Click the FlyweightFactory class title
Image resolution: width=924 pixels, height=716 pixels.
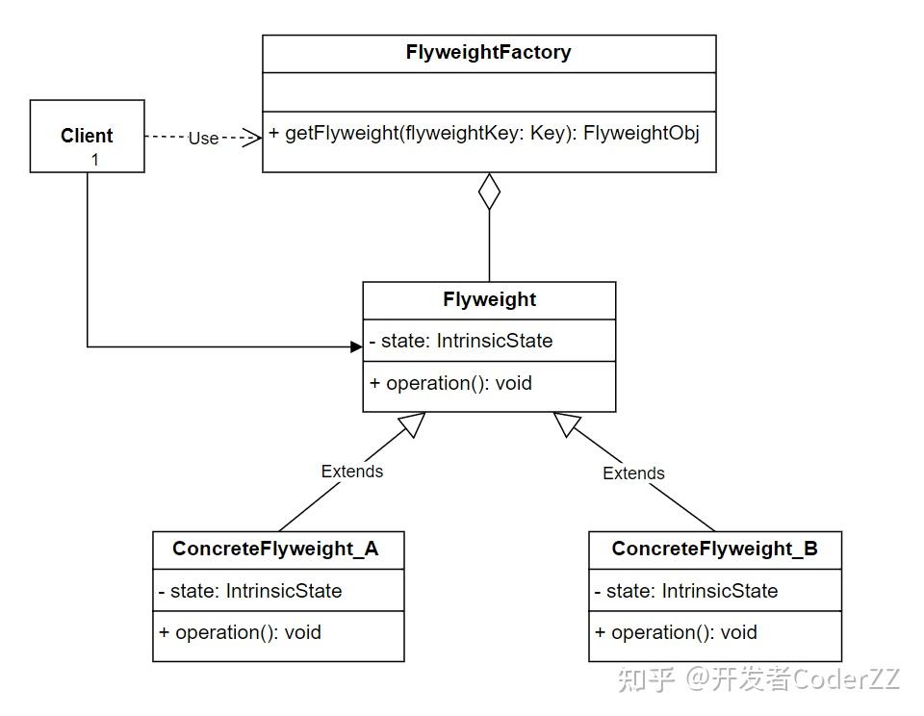489,53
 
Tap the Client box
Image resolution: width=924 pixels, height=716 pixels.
87,136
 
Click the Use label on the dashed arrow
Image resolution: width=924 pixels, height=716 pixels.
203,138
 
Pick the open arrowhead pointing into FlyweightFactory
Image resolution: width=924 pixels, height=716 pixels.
253,138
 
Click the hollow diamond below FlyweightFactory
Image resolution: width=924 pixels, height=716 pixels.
490,191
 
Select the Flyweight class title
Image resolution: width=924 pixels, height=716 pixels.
489,299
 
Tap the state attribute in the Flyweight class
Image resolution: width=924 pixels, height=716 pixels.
461,341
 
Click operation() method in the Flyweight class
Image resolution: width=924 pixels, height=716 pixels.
450,383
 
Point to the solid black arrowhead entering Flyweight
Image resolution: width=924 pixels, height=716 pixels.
355,346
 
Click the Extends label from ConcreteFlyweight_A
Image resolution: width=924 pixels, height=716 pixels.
352,472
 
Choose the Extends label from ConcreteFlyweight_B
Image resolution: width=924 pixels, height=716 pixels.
633,473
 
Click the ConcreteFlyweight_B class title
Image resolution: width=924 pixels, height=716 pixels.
714,549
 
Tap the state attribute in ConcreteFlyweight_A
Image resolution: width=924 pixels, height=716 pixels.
250,591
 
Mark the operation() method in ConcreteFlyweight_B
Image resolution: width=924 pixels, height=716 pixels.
676,632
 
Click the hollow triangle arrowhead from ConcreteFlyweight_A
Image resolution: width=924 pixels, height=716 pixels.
413,424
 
